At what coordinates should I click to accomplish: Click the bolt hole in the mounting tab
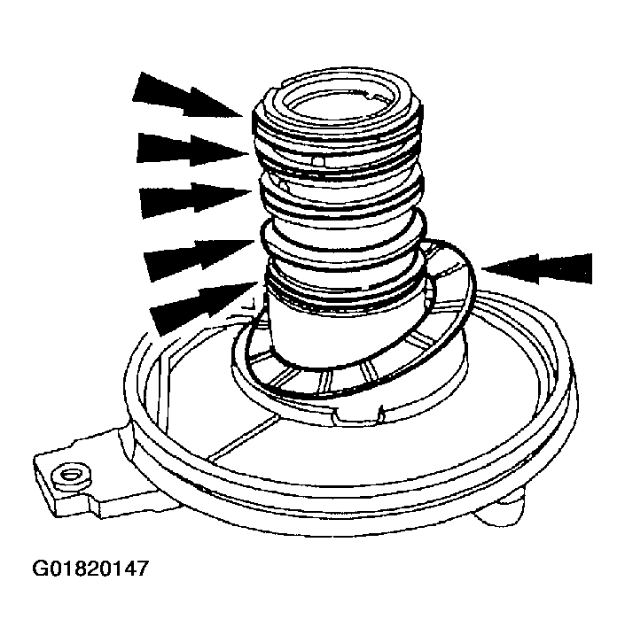(64, 477)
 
